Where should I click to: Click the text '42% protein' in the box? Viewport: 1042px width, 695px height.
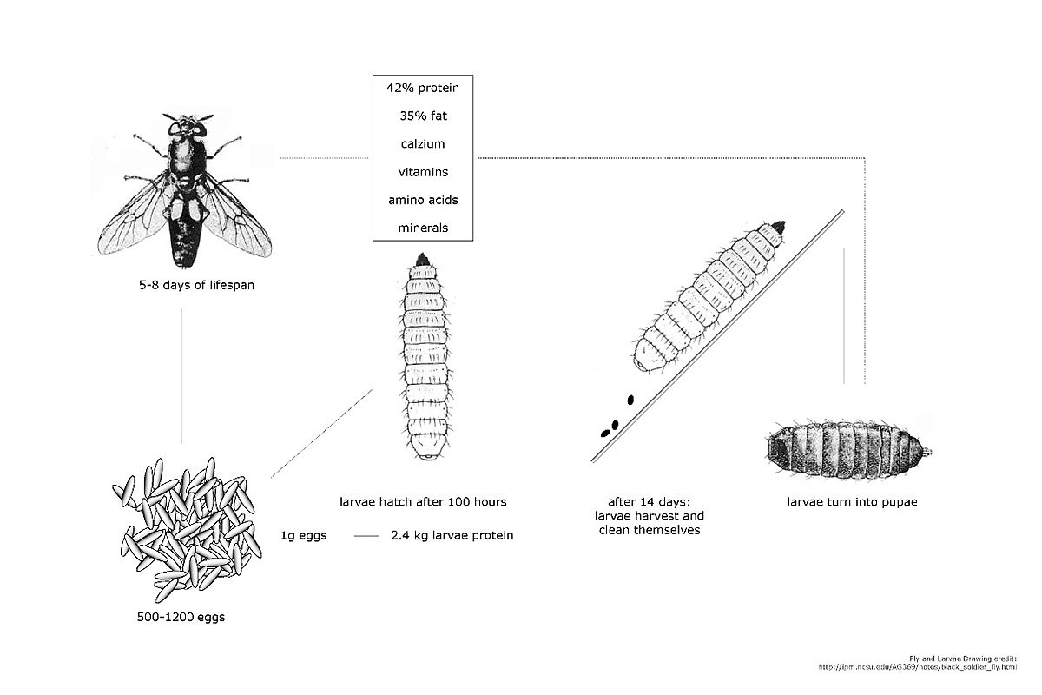423,88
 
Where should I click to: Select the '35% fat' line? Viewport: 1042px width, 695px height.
423,116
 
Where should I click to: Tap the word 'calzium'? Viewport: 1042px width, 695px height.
423,144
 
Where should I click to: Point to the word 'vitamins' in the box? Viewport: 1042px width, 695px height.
423,172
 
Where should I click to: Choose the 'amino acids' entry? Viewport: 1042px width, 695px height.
423,200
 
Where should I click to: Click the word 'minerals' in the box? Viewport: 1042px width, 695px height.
423,228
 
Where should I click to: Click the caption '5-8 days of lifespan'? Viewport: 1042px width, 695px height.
181,285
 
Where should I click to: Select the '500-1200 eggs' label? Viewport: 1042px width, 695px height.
181,619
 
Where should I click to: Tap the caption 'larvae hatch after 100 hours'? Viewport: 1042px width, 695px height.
423,501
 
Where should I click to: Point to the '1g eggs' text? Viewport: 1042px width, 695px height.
304,535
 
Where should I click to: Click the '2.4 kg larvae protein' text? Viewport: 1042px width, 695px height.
452,535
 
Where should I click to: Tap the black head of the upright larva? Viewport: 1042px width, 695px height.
424,258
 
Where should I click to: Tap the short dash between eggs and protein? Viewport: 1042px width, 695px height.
366,536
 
